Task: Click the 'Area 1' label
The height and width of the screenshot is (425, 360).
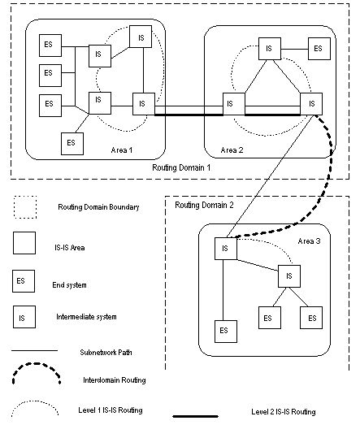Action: pos(124,150)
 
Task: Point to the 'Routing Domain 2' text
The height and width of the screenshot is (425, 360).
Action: pos(205,206)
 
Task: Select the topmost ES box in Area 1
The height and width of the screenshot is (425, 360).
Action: pos(48,46)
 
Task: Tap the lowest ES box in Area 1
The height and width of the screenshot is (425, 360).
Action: pos(72,142)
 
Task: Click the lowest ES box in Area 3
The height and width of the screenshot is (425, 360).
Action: pos(223,331)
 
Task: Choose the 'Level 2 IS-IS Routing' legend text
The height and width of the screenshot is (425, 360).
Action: pos(284,412)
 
